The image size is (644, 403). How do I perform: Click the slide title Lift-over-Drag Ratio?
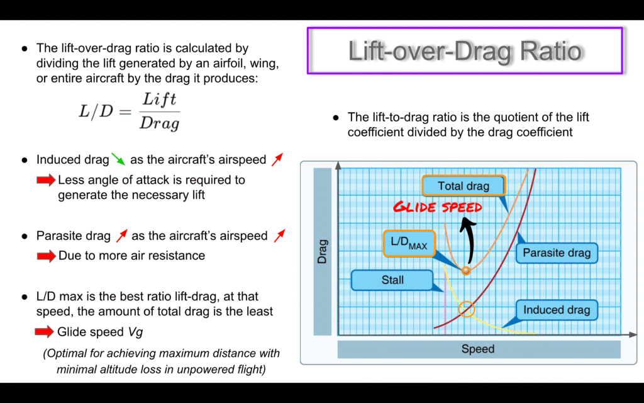465,52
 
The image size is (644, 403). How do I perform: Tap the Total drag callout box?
464,186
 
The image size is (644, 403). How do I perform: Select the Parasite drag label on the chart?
557,253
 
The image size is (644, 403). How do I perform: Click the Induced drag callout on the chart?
557,310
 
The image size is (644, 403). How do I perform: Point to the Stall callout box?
392,280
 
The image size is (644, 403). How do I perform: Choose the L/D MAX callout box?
409,244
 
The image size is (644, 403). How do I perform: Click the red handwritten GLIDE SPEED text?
438,207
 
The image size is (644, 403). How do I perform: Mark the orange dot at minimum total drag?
466,271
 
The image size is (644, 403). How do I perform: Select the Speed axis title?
478,349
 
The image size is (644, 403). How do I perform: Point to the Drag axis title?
323,251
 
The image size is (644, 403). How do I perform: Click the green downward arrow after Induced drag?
118,159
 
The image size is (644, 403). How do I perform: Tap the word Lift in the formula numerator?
159,99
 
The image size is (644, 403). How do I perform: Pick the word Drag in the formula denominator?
159,123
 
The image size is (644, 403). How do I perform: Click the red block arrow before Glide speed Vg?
45,331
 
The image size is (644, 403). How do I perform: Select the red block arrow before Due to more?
47,256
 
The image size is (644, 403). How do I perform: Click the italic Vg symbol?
136,332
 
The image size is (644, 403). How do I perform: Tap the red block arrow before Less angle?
46,179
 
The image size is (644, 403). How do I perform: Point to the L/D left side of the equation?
96,111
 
